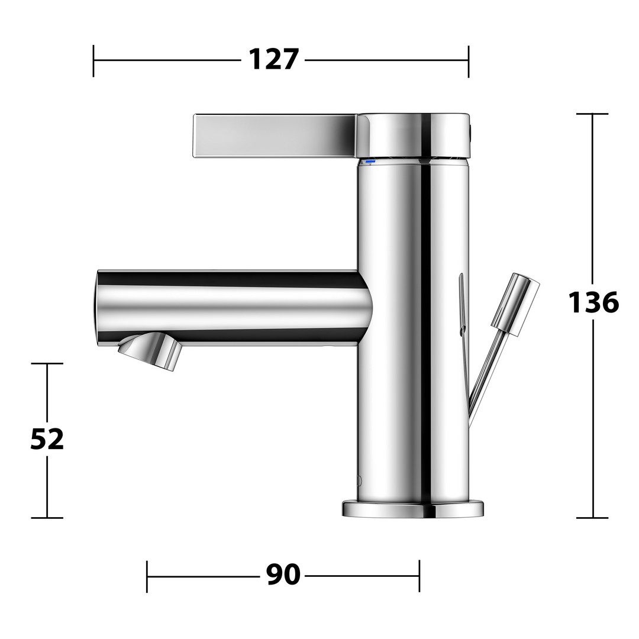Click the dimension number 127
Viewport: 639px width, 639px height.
click(273, 60)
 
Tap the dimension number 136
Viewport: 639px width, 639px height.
click(593, 302)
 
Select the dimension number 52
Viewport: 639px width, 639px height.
click(47, 439)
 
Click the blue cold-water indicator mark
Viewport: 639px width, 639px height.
click(370, 162)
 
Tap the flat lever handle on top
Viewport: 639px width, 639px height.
click(276, 135)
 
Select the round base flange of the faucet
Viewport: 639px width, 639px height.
click(413, 509)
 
